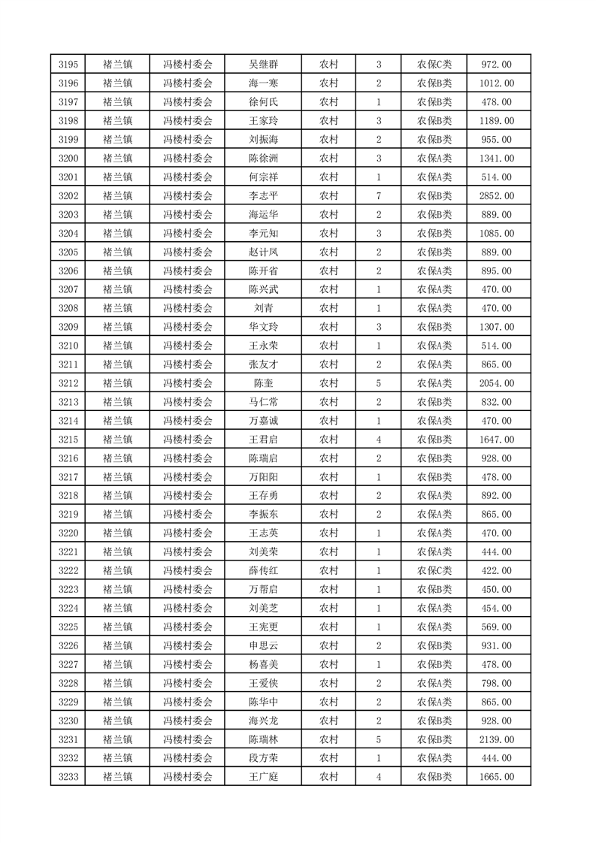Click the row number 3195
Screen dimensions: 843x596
pos(68,65)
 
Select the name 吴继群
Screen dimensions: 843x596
pos(263,65)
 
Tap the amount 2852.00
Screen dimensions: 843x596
pos(496,196)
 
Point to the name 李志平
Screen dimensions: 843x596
pos(263,196)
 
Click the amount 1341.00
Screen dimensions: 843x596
pos(496,159)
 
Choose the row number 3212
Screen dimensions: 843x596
pos(68,383)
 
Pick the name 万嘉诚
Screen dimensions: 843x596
pos(263,421)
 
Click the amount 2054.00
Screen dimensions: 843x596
pos(496,383)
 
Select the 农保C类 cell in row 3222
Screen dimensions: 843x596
pos(434,570)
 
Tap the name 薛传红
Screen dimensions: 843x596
pos(263,570)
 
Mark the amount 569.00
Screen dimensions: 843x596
pos(496,627)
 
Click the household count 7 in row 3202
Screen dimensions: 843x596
pos(378,196)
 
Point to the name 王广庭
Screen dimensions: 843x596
pos(263,776)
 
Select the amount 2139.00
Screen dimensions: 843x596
pos(496,739)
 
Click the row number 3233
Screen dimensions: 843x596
pos(68,776)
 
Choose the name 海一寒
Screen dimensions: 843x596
pos(263,83)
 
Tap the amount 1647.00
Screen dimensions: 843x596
pos(496,440)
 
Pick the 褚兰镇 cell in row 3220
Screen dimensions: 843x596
pos(117,533)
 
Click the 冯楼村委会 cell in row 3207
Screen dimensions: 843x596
pos(188,289)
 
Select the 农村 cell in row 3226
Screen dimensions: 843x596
pos(328,645)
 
